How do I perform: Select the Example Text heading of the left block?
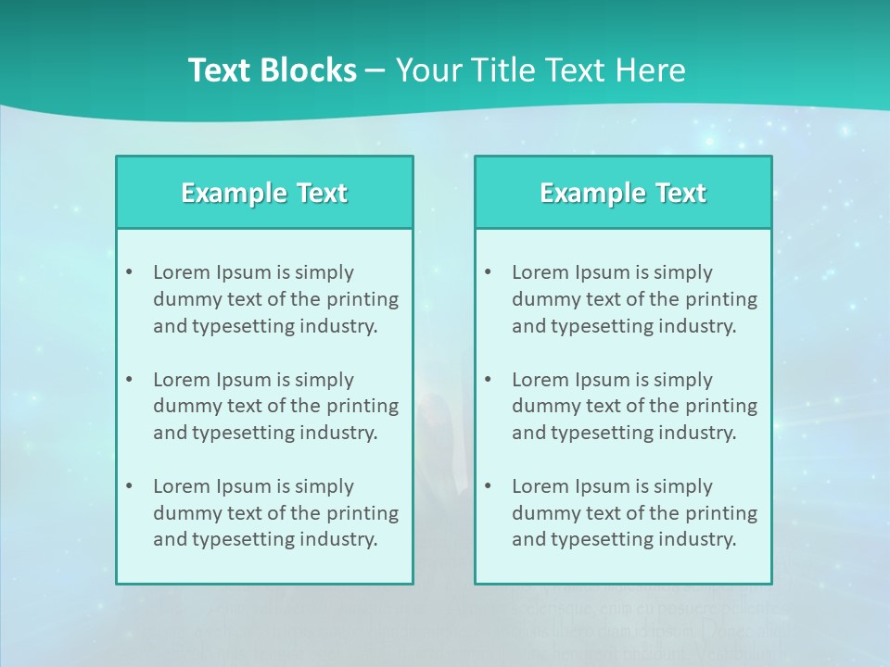click(x=264, y=193)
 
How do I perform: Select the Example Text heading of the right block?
click(x=623, y=193)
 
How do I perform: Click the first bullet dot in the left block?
click(x=129, y=272)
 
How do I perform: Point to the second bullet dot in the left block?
click(x=129, y=380)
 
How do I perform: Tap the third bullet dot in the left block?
click(x=129, y=486)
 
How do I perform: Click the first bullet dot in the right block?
click(x=488, y=272)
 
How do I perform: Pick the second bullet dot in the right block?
click(x=488, y=380)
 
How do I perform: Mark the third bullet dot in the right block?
click(x=488, y=486)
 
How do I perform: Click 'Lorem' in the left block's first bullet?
click(x=182, y=272)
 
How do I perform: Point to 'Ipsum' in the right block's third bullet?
click(x=602, y=486)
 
